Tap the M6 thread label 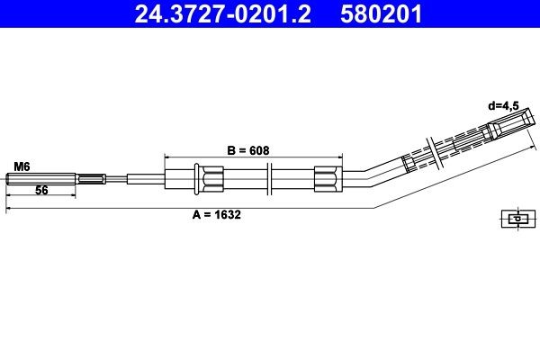(22, 166)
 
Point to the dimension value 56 (41, 191)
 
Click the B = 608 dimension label (247, 150)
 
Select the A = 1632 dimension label (217, 215)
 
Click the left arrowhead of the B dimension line (168, 157)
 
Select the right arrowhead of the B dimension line (341, 157)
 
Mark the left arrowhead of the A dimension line (9, 209)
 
